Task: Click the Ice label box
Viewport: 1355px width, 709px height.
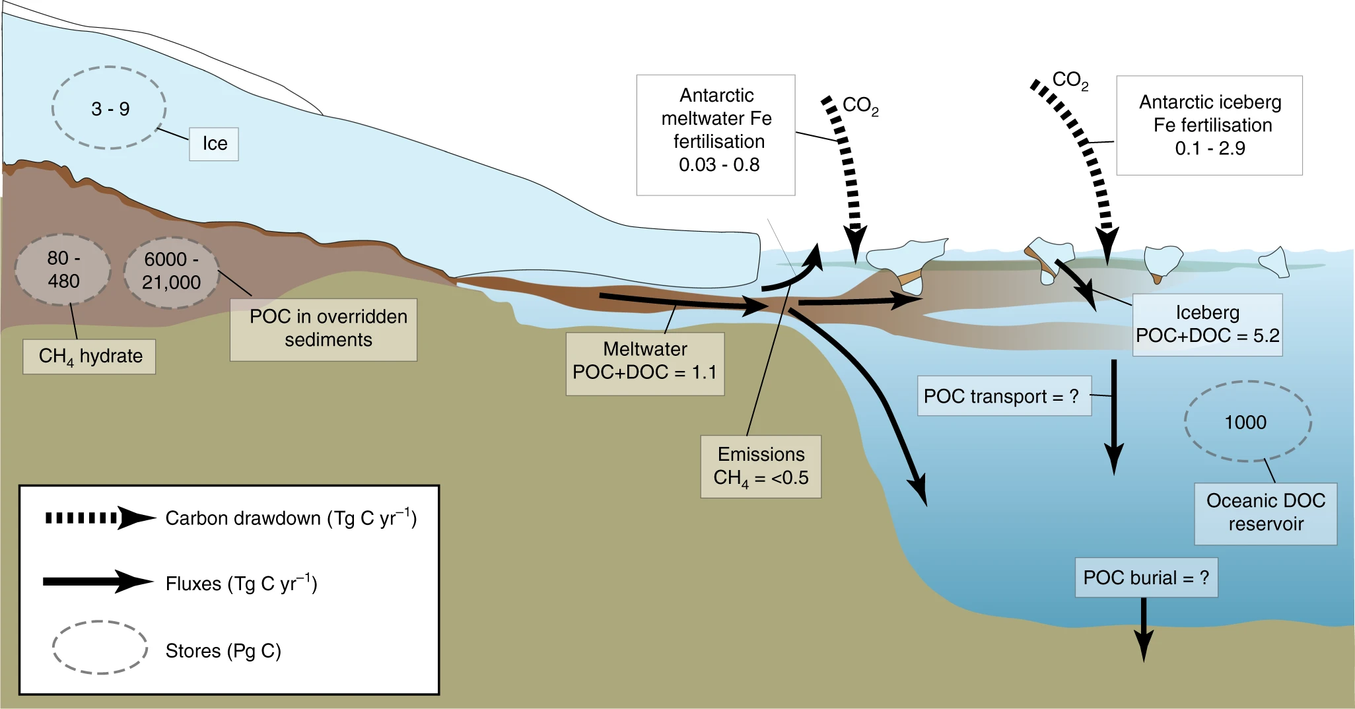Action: pos(214,144)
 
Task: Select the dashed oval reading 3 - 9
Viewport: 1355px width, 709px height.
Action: pos(109,108)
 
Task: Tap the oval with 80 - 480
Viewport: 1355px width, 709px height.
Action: pos(63,269)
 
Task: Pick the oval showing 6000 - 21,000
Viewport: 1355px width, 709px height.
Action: pos(171,271)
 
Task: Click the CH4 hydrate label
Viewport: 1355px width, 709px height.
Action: pos(90,356)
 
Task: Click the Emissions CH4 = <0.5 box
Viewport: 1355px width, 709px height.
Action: pos(761,466)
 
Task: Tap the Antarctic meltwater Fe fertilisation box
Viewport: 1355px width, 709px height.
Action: pos(716,135)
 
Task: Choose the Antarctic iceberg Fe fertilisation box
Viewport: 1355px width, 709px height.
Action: pos(1209,125)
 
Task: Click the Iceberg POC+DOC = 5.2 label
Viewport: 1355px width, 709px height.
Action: pos(1207,325)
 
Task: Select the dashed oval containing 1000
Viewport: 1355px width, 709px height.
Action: pos(1247,421)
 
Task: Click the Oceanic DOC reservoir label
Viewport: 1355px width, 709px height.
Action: pos(1265,513)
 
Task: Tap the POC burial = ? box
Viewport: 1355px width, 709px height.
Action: pos(1146,578)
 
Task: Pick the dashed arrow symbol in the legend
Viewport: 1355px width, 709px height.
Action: pos(99,518)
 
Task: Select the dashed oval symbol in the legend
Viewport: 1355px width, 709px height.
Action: pos(100,647)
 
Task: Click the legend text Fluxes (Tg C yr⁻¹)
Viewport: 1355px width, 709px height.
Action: pos(241,584)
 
